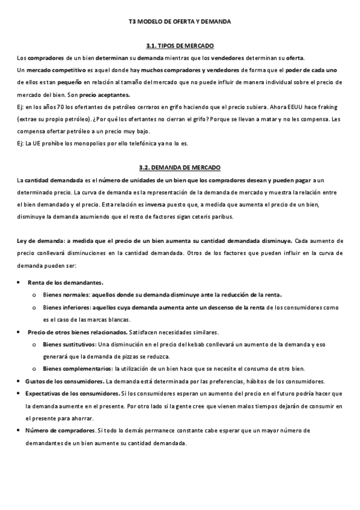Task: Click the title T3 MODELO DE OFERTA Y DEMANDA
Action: [180, 21]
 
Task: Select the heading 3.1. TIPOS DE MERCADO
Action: [180, 46]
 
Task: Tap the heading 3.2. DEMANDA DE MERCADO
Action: [180, 167]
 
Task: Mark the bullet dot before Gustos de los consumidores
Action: [20, 381]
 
